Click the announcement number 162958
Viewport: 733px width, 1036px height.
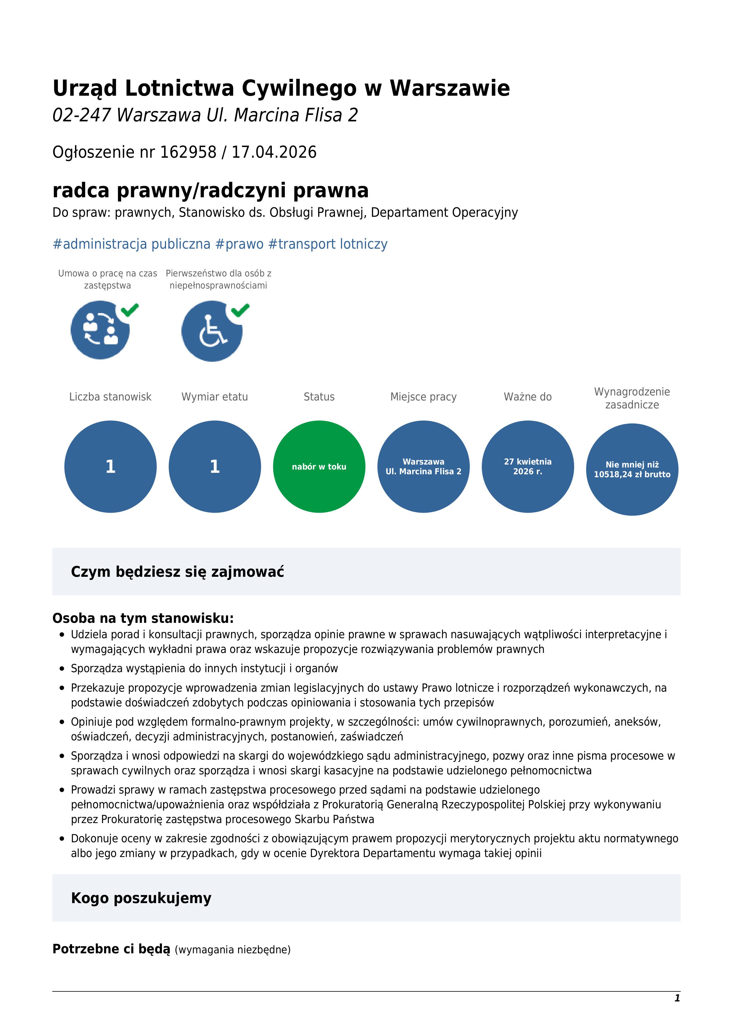pos(188,152)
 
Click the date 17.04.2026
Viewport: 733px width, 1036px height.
pos(274,152)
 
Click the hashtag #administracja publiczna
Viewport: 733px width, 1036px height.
pos(131,244)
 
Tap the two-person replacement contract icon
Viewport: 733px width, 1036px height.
pos(100,330)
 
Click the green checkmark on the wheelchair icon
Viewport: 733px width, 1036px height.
pos(240,310)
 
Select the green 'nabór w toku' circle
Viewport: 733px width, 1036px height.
pos(319,467)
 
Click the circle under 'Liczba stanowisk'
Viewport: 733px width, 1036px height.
pos(110,467)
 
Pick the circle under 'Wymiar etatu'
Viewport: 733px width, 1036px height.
pos(215,467)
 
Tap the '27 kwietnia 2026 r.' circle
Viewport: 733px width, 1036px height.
pos(528,467)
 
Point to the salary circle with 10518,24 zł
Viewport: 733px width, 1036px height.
pos(632,469)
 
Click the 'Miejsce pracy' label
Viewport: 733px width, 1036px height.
pos(423,397)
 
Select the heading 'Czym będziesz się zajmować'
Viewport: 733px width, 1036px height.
pos(177,572)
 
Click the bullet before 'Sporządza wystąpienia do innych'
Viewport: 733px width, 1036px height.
pos(62,668)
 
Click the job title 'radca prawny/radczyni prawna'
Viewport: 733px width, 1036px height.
pos(210,190)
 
